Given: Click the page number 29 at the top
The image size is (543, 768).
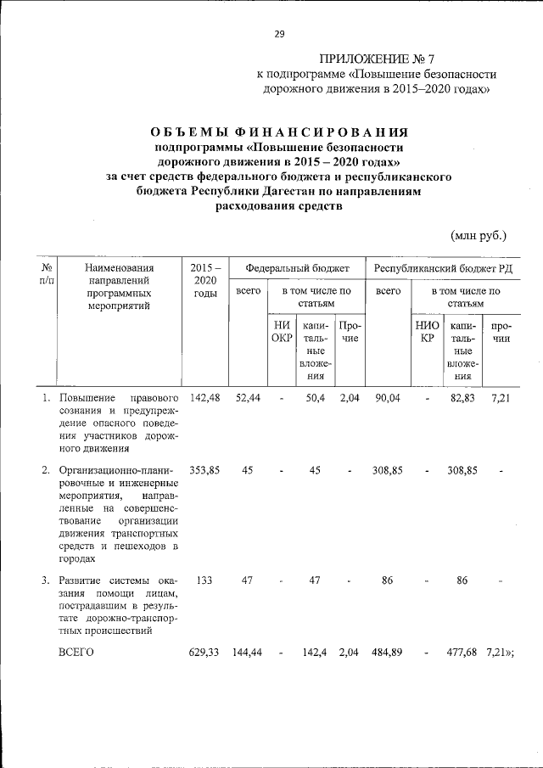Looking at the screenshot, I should [279, 34].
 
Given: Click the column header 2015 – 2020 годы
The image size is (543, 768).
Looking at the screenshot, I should [205, 280].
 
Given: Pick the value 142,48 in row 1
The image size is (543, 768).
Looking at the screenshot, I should [205, 397].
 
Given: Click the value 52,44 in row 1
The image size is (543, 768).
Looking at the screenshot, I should [248, 397].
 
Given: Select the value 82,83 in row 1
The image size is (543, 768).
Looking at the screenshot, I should [462, 397].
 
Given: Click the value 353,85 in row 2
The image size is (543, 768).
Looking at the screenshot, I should [205, 469].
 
